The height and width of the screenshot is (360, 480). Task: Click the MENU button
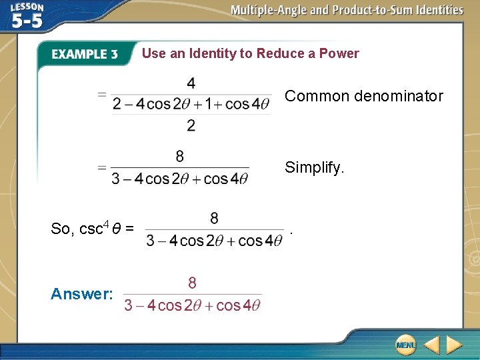pos(405,345)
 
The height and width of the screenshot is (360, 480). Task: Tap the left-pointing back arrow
pos(431,345)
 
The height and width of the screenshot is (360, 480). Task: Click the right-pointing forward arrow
pos(454,345)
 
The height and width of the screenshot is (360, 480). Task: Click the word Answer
pos(82,294)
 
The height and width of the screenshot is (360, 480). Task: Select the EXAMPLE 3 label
pos(85,54)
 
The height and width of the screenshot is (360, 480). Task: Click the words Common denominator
pos(364,96)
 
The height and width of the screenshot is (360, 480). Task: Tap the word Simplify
pos(315,167)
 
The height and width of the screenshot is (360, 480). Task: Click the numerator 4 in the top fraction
pos(191,84)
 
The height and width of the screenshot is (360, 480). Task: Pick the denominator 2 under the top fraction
pos(191,125)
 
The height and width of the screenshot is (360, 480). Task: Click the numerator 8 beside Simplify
pos(180,156)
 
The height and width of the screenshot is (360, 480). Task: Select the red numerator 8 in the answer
pos(192,283)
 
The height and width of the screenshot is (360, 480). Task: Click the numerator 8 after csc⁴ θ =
pos(214,218)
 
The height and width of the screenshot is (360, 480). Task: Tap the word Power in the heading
pos(339,53)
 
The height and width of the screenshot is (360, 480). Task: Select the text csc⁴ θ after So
pos(99,229)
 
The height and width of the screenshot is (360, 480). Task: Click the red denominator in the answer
pos(193,305)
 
